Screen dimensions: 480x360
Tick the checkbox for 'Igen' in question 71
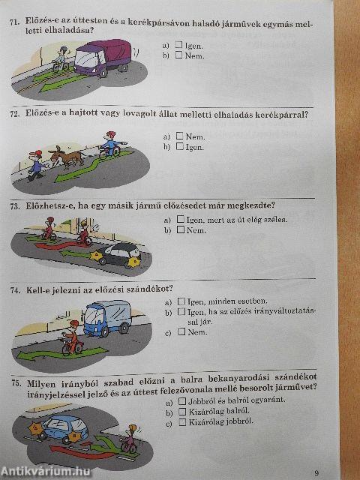pos(178,46)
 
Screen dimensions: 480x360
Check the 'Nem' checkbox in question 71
pos(178,55)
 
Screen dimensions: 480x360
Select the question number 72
pos(14,115)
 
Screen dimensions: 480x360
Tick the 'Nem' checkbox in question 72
pos(179,136)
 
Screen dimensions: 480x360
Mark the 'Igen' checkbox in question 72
pos(179,147)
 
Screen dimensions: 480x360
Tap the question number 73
pos(14,205)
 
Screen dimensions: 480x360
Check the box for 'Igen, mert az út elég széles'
pos(180,220)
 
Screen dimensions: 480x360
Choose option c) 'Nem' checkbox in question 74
pos(181,331)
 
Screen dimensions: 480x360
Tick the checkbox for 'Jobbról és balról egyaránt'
pos(181,400)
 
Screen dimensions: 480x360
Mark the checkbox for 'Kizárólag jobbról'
pos(181,421)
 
